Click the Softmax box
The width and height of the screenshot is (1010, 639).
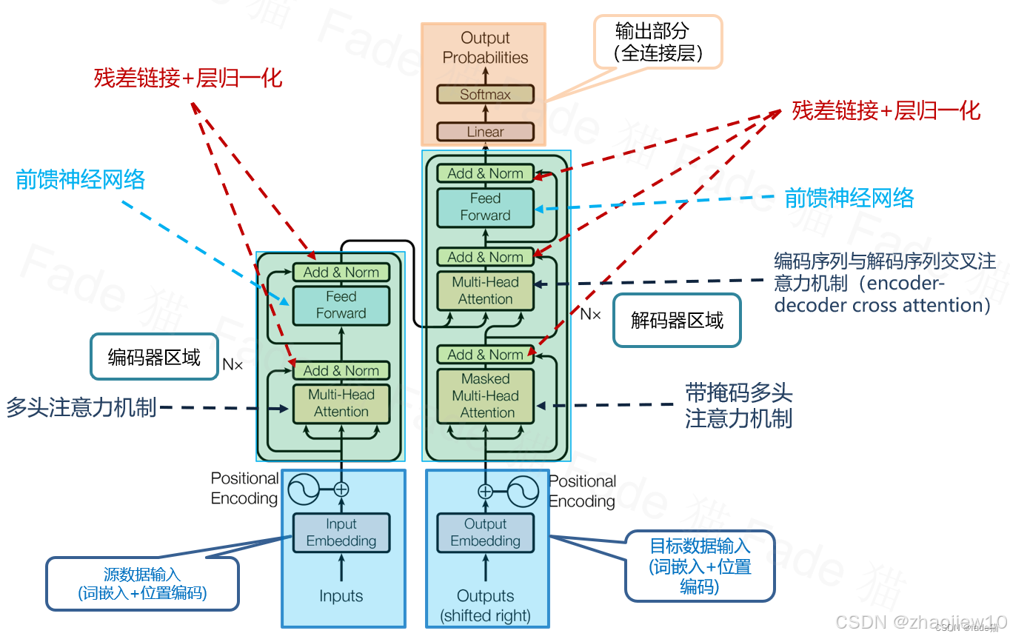coord(485,94)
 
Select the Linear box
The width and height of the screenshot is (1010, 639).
coord(485,132)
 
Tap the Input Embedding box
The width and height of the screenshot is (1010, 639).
coord(341,532)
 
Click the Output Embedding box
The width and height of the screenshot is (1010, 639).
coord(485,532)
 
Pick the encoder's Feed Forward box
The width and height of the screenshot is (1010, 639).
coord(341,305)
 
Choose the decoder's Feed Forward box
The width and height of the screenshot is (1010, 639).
coord(485,207)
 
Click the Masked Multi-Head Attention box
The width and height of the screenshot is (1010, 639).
coord(485,395)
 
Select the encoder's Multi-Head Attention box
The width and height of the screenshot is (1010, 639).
coord(341,404)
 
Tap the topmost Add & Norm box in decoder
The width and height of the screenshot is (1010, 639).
coord(485,173)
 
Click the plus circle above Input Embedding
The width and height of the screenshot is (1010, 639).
coord(341,489)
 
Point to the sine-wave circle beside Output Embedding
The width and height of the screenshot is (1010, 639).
coord(523,491)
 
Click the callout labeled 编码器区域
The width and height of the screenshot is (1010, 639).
coord(154,358)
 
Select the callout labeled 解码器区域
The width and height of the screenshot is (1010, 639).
coord(677,320)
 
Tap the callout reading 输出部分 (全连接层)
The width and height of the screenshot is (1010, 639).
coord(658,42)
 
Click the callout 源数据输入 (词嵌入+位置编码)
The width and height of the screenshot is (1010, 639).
coord(142,583)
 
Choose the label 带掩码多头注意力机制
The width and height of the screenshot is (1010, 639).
coord(738,406)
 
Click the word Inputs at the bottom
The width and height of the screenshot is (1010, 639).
coord(341,596)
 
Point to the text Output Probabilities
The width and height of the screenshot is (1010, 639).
coord(485,47)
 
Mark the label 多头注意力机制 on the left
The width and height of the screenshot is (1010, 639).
coord(81,407)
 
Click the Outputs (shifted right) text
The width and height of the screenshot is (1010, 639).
coord(485,606)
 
